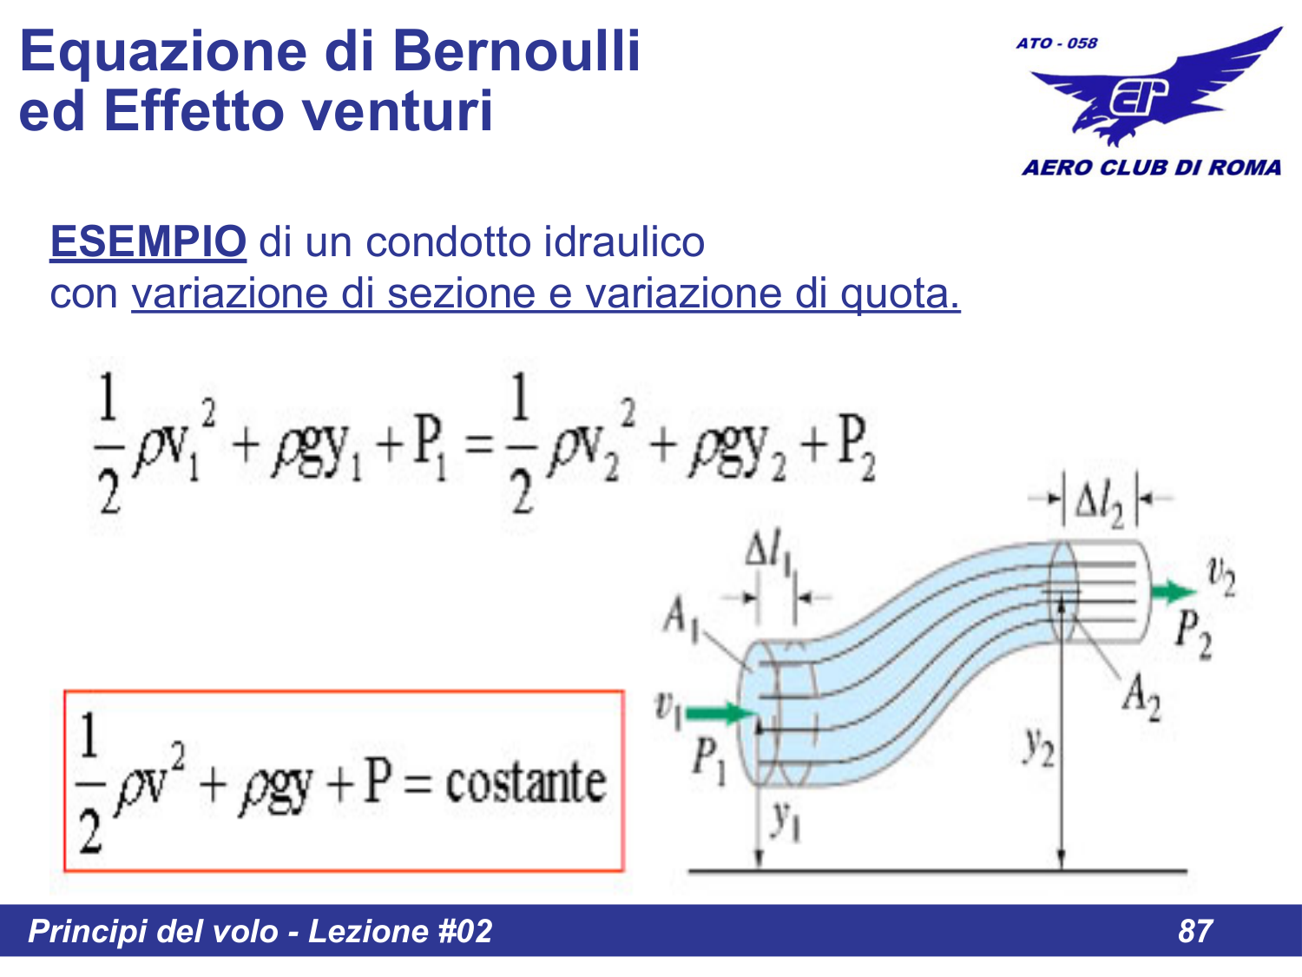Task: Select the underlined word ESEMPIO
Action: click(x=148, y=241)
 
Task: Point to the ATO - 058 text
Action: click(x=1056, y=43)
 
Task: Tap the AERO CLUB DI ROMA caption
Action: click(x=1151, y=168)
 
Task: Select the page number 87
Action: click(x=1195, y=931)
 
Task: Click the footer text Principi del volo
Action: click(x=153, y=931)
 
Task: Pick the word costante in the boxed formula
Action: click(x=525, y=783)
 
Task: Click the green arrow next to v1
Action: click(x=720, y=714)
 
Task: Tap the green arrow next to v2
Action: click(x=1173, y=592)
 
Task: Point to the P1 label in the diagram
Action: click(x=708, y=759)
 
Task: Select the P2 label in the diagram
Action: click(x=1193, y=634)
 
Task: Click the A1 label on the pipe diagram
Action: click(x=681, y=617)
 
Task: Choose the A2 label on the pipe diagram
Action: click(x=1141, y=696)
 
